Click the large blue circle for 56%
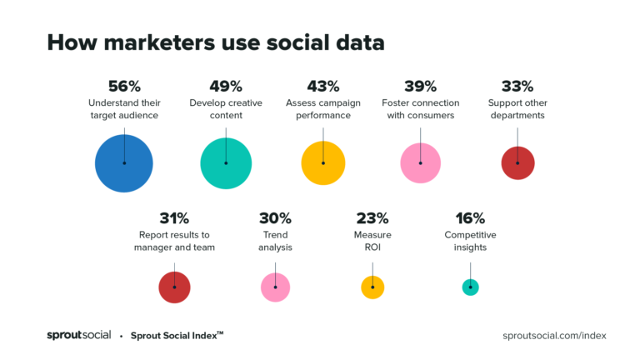coord(123,163)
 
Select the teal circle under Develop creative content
coord(226,163)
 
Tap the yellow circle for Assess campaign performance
coord(323,163)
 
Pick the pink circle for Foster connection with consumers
coord(421,163)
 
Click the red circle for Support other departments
coord(517,163)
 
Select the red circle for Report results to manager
coord(174,287)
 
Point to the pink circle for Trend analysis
coord(275,287)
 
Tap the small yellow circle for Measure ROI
coord(372,287)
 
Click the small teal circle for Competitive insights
coord(470,287)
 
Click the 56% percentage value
coord(124,86)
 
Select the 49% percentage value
coord(226,86)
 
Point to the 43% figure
coord(323,86)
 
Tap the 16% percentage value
coord(470,218)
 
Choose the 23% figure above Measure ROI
coord(372,218)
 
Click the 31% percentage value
coord(174,218)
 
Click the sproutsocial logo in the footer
coord(78,335)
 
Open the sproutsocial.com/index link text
coord(555,335)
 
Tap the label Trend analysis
coord(275,241)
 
